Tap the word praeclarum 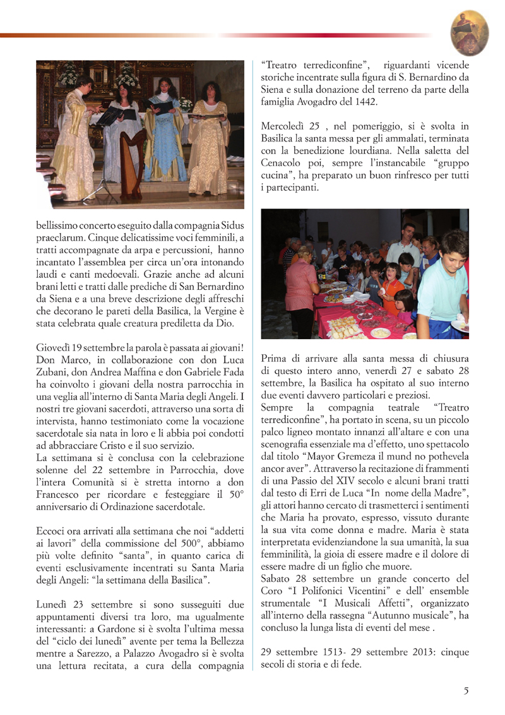pyautogui.click(x=57, y=237)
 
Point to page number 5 pyautogui.click(x=466, y=690)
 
